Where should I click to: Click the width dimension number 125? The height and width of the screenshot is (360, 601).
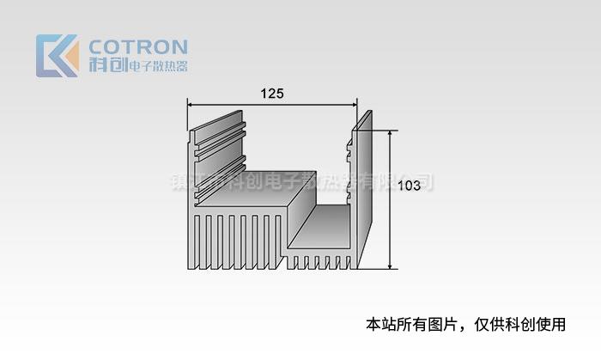click(x=271, y=93)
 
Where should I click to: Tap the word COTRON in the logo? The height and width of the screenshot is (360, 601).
click(x=138, y=46)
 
